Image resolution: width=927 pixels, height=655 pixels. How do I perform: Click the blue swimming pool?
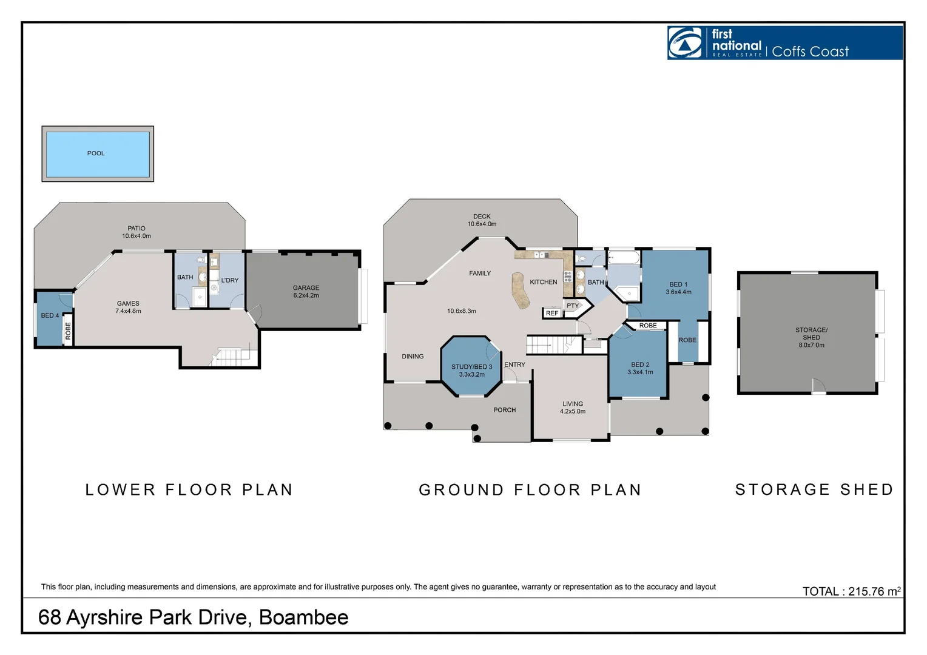click(x=98, y=154)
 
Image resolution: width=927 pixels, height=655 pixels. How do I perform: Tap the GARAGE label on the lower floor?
click(x=306, y=288)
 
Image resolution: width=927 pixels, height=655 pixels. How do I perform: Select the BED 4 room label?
click(x=50, y=315)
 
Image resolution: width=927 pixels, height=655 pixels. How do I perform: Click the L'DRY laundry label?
click(x=230, y=280)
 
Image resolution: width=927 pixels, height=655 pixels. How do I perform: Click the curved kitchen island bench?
click(x=520, y=291)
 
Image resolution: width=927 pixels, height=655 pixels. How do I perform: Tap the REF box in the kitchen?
click(x=552, y=313)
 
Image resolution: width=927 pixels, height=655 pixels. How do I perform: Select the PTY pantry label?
click(x=573, y=306)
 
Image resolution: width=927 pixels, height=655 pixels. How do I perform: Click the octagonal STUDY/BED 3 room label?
click(x=471, y=367)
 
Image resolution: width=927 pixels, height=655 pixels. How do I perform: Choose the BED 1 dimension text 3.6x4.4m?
click(x=678, y=292)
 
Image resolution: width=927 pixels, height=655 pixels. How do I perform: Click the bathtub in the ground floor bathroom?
click(x=624, y=258)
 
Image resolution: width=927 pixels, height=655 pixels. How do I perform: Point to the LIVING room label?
click(x=572, y=404)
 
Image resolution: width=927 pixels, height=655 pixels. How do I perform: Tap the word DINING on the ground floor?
click(x=413, y=357)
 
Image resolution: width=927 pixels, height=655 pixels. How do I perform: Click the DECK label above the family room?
click(x=482, y=217)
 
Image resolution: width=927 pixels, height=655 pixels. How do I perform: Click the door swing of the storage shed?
click(x=818, y=386)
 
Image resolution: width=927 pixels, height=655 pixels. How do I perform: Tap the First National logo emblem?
click(x=685, y=43)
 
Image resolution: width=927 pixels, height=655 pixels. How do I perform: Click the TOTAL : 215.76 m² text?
click(x=851, y=591)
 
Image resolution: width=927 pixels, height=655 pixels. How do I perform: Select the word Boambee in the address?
click(x=303, y=617)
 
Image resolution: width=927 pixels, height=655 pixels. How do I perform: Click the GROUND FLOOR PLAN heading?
click(x=530, y=490)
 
